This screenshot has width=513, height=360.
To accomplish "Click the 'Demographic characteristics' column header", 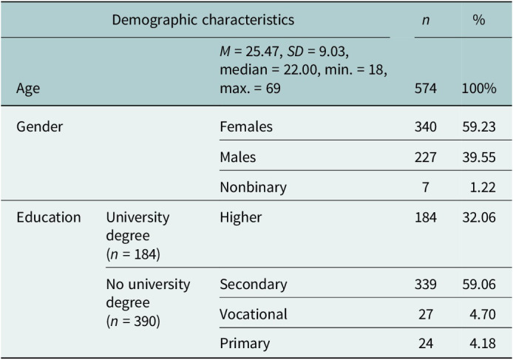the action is click(x=203, y=20).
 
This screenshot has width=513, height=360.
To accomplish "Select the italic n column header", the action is click(x=425, y=21).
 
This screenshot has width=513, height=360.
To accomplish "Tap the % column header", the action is click(x=479, y=20).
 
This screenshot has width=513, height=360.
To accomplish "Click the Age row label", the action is click(x=28, y=89).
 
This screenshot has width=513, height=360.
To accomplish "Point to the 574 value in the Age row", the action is click(x=425, y=89).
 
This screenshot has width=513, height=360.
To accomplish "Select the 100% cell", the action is click(x=479, y=89).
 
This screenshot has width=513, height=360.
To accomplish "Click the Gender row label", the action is click(x=40, y=126).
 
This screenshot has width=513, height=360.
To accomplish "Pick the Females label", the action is click(x=246, y=126).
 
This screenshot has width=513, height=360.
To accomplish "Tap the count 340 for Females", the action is click(x=425, y=126).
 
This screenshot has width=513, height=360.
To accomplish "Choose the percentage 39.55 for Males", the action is click(x=479, y=157).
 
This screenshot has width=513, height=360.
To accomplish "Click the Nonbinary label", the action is click(x=254, y=188).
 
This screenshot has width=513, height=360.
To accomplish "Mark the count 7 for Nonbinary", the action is click(x=426, y=187).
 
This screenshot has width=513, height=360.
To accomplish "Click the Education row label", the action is click(x=49, y=217).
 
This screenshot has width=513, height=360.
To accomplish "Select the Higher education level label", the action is click(x=241, y=217).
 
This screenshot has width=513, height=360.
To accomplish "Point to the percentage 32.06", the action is click(x=479, y=217).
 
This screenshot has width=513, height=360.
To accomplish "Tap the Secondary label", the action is click(x=254, y=285).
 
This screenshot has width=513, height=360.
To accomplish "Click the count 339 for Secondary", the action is click(x=425, y=284).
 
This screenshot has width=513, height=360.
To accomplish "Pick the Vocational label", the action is click(x=254, y=314).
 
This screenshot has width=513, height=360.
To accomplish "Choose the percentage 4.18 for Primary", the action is click(x=483, y=343).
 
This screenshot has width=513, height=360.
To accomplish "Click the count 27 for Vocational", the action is click(x=426, y=314).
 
